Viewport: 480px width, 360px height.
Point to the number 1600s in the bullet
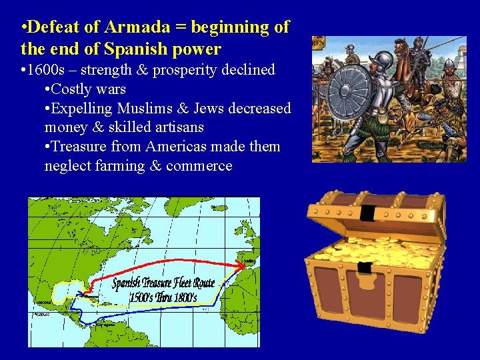pos(49,70)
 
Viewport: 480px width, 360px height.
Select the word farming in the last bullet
pos(117,165)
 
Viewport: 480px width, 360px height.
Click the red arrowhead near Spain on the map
pos(239,265)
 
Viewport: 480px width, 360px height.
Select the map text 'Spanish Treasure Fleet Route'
pos(163,283)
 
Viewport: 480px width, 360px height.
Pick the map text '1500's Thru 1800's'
pos(163,297)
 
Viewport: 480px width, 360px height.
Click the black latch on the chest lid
pos(367,213)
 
